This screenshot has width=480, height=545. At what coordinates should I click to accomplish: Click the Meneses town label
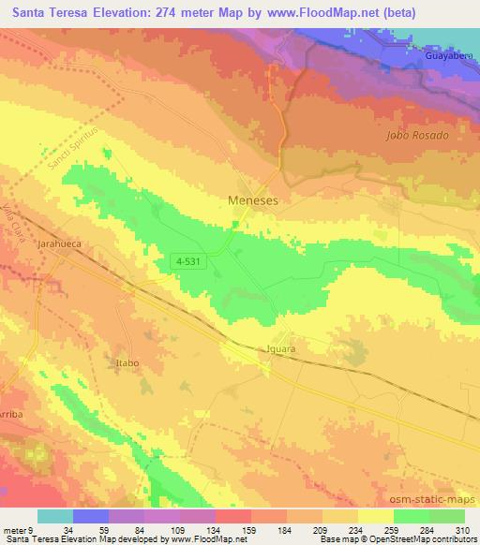coord(254,199)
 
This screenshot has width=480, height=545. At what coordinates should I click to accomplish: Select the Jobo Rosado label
coord(417,135)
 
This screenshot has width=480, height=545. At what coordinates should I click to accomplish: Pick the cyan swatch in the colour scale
coord(55,516)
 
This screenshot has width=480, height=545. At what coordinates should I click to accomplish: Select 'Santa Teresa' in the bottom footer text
coord(29,539)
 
